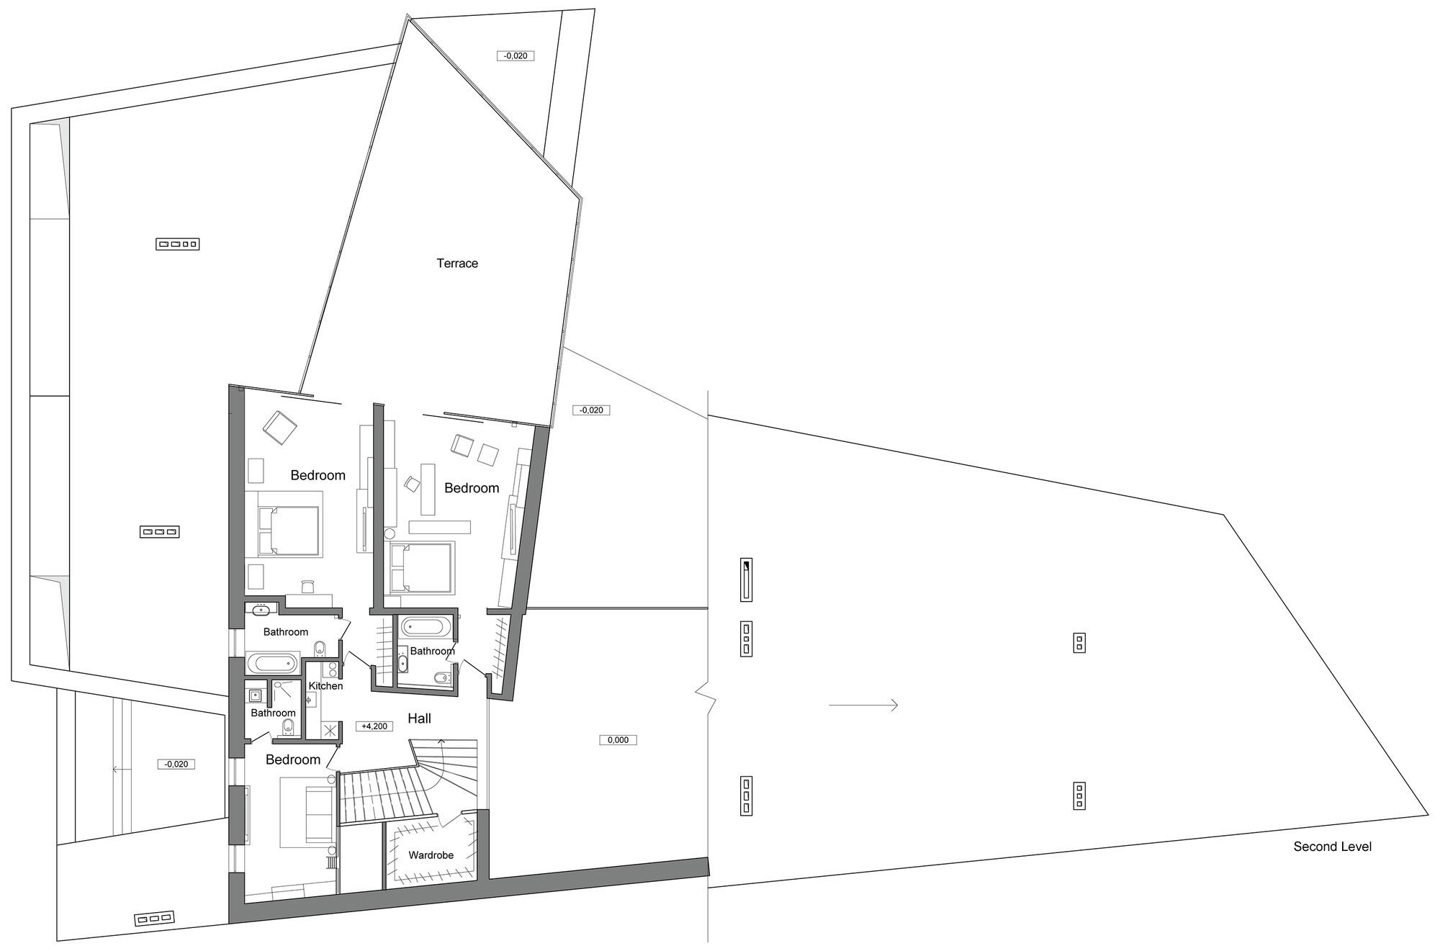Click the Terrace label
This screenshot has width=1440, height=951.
pos(457,263)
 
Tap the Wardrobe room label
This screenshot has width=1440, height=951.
pos(431,855)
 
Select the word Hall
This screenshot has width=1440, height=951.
pos(419,718)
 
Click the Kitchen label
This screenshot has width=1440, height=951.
pos(325,686)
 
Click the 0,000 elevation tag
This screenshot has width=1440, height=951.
pos(618,740)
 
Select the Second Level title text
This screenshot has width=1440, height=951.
pos(1332,847)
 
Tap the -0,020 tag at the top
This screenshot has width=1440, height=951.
pos(516,55)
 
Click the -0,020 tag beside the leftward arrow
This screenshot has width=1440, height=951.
pos(176,764)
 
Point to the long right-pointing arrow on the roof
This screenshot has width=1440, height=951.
pos(863,706)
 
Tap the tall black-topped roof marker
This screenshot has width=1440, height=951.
pos(747,580)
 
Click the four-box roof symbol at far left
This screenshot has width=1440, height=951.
pos(177,244)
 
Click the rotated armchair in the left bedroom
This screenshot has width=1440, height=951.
pos(280,428)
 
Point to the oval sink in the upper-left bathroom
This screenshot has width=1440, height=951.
pos(260,611)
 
